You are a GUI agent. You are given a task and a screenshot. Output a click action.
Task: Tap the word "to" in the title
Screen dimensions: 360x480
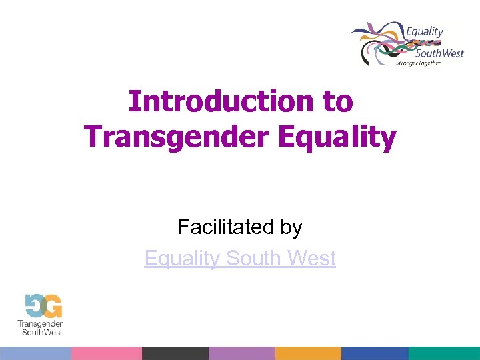tap(337, 101)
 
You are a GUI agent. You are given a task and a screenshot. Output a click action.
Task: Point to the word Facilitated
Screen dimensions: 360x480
tap(218, 227)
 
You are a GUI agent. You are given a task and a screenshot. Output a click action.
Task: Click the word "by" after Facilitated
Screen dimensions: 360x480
tap(291, 227)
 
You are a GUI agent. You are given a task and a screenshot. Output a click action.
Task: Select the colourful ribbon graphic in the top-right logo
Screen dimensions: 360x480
tap(377, 43)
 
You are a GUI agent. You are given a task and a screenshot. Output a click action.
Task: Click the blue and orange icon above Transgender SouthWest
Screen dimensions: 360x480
tap(43, 306)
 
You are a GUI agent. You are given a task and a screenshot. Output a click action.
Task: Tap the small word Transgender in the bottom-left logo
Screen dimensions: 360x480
tap(40, 324)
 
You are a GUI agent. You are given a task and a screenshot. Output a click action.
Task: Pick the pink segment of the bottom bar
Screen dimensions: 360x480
tap(106, 353)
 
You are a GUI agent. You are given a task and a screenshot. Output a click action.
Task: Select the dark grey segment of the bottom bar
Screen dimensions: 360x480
tap(175, 353)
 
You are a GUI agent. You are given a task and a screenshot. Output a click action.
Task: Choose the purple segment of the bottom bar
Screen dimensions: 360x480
tap(241, 353)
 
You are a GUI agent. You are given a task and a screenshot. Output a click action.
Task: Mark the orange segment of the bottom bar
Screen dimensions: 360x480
tap(308, 353)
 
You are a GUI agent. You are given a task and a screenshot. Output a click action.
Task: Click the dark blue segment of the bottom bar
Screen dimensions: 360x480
tap(375, 353)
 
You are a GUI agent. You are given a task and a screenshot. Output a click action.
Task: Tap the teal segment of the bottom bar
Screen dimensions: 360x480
tap(444, 353)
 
